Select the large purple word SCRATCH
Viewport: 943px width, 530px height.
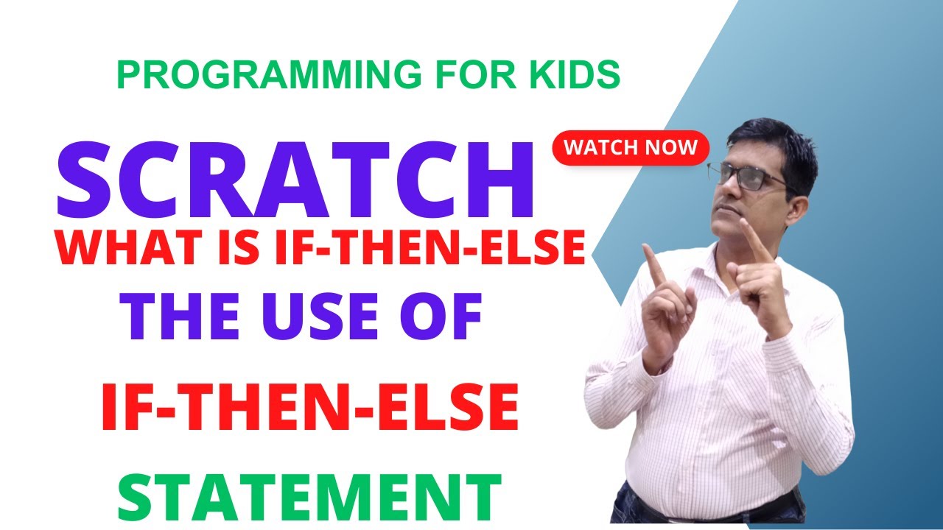(x=295, y=183)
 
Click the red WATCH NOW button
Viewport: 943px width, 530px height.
(x=630, y=146)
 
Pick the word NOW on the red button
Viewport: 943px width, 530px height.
(x=670, y=146)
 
